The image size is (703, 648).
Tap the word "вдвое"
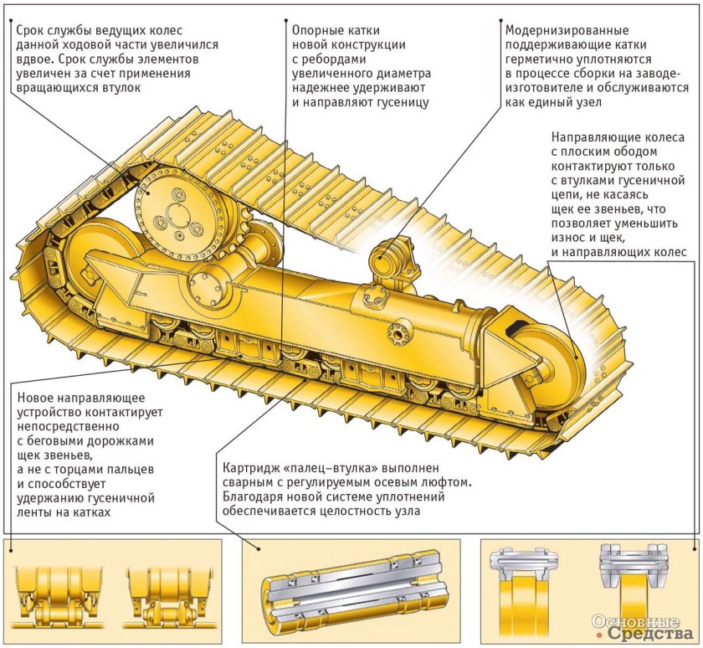pyautogui.click(x=34, y=59)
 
